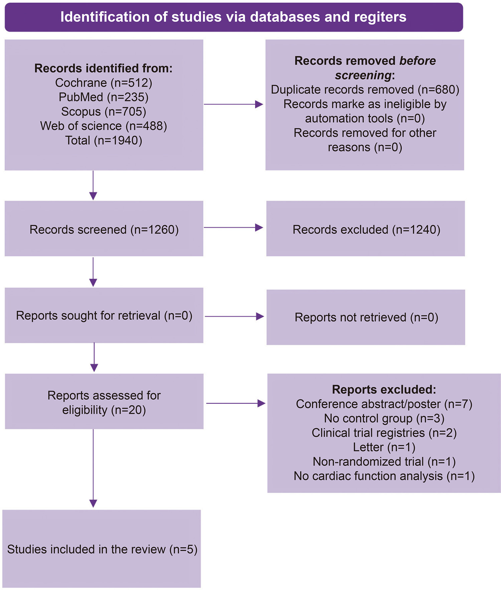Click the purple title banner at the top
point(234,17)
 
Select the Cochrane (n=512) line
point(104,83)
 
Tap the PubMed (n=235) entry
point(104,97)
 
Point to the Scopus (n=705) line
point(104,111)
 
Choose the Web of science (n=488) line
point(104,126)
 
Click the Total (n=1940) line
point(104,140)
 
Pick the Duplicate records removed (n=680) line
point(365,90)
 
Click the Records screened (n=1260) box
point(104,229)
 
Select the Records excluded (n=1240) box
point(365,229)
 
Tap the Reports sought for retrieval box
point(104,315)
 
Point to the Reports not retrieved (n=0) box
point(366,317)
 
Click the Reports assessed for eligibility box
point(104,401)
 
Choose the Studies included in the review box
point(102,549)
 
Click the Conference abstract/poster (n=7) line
point(384,404)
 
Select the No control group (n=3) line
point(384,418)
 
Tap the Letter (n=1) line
point(384,447)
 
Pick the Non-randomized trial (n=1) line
point(384,461)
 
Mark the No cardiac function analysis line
point(384,476)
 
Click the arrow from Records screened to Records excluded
point(233,228)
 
